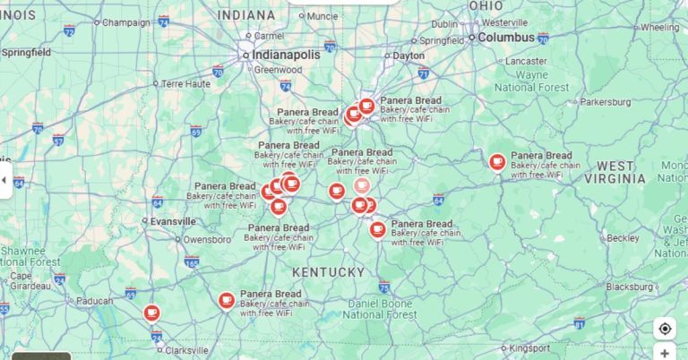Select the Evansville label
pyautogui.click(x=173, y=221)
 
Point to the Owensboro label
pyautogui.click(x=207, y=240)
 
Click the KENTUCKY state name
pyautogui.click(x=329, y=271)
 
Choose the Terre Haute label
pyautogui.click(x=185, y=83)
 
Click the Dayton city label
pyautogui.click(x=408, y=56)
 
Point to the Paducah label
pyautogui.click(x=94, y=302)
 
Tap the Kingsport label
pyautogui.click(x=531, y=347)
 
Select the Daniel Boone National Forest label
pyautogui.click(x=381, y=309)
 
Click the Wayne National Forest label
pyautogui.click(x=532, y=81)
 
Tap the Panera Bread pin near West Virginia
pyautogui.click(x=497, y=161)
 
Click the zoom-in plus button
pyautogui.click(x=665, y=353)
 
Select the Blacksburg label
pyautogui.click(x=629, y=287)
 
